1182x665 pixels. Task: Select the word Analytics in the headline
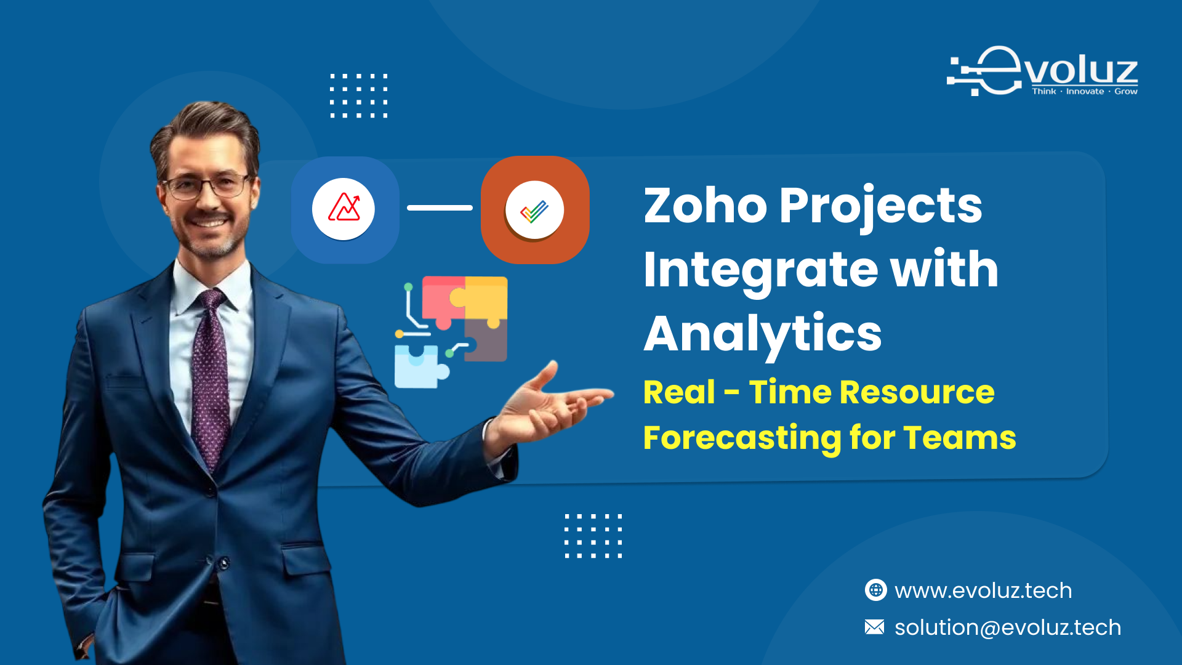(x=762, y=334)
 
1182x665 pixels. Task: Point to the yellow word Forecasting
(x=742, y=438)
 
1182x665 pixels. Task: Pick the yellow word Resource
(x=917, y=392)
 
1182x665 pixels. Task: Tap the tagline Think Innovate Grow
(x=1084, y=92)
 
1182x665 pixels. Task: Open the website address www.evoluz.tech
(x=983, y=590)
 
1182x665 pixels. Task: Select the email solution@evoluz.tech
(x=1007, y=627)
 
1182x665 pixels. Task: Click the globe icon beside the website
(x=875, y=590)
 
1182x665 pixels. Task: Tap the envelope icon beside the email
(x=874, y=627)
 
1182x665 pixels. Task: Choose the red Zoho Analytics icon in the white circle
(x=344, y=209)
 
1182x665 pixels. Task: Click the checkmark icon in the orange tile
(x=534, y=210)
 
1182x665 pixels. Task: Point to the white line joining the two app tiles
(x=440, y=208)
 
